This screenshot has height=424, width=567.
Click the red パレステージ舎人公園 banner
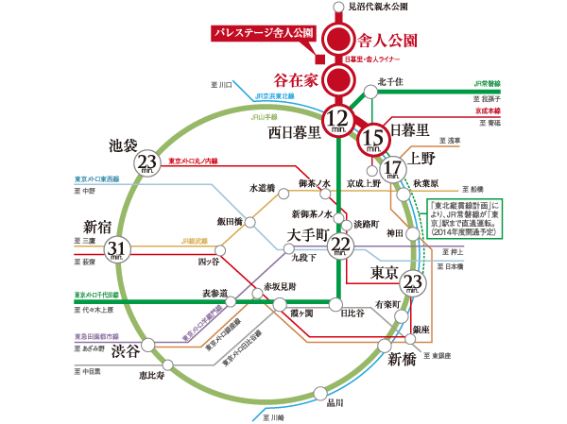click(x=264, y=34)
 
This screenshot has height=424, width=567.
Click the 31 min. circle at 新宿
click(x=116, y=248)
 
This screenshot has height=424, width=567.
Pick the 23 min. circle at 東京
click(x=412, y=281)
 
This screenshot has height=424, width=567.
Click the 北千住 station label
click(x=390, y=81)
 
